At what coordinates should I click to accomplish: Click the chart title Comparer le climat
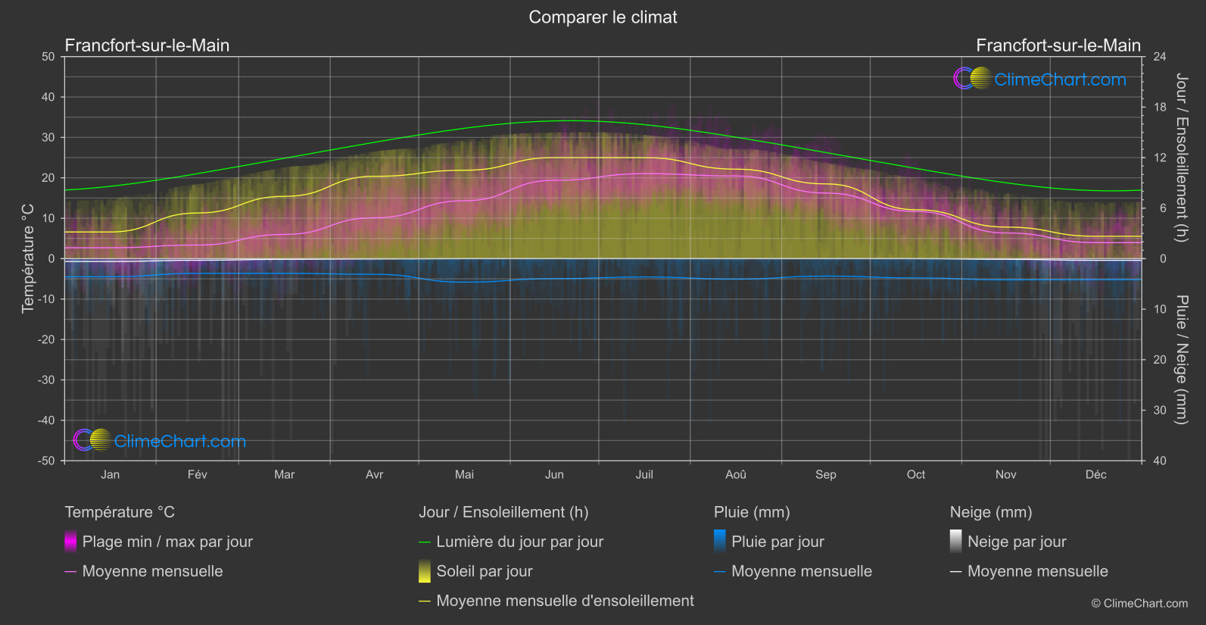pos(603,17)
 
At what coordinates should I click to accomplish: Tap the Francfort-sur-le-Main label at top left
pos(147,45)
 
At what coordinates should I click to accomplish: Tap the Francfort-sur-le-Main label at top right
pos(1058,45)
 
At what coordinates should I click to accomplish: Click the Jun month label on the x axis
pos(554,475)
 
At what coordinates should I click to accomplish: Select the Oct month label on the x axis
pos(915,475)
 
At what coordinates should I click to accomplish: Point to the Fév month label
pos(197,475)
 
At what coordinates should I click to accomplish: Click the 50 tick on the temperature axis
pos(48,57)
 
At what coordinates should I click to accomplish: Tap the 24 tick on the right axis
pos(1160,57)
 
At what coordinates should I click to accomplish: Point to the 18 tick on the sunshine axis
pos(1160,108)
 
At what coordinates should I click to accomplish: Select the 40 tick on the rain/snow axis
pos(1160,461)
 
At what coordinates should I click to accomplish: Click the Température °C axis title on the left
pos(28,258)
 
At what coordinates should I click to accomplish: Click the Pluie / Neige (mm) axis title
pos(1181,360)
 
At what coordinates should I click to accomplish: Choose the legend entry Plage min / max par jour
pos(167,542)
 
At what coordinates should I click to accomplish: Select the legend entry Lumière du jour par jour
pos(519,542)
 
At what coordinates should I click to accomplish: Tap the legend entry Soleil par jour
pos(484,571)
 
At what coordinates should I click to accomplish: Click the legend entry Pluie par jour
pos(777,542)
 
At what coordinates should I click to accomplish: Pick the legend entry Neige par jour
pos(1016,542)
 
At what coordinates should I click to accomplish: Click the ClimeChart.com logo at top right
pos(1040,79)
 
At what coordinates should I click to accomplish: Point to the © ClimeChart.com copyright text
pos(1139,604)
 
